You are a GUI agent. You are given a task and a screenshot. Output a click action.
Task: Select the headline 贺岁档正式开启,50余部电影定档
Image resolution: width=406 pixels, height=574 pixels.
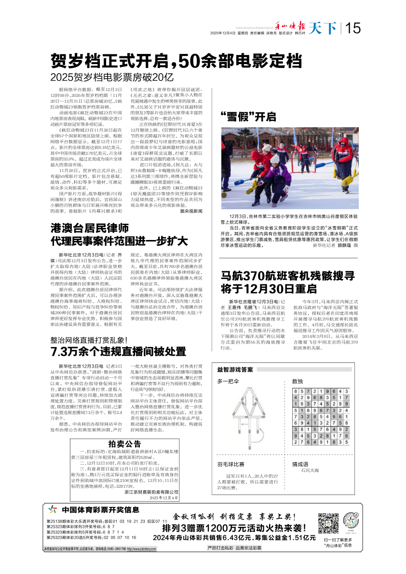[177, 61]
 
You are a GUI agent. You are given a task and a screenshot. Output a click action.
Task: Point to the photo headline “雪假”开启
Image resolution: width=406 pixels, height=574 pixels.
[248, 116]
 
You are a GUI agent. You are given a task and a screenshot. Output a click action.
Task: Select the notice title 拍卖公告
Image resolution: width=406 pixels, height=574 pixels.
[124, 443]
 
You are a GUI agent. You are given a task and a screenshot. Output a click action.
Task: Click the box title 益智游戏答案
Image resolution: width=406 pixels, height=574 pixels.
[235, 370]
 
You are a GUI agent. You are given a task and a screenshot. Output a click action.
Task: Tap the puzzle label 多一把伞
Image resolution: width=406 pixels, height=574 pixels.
[228, 382]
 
